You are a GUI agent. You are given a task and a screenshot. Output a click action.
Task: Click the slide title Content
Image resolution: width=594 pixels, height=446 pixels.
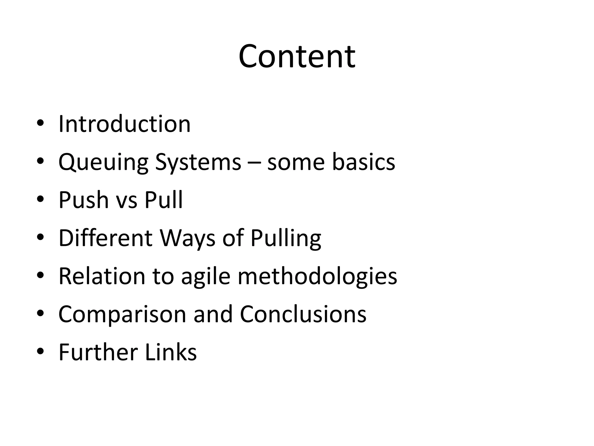pos(297,56)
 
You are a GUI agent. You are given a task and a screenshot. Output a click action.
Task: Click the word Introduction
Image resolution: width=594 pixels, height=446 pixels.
pos(124,124)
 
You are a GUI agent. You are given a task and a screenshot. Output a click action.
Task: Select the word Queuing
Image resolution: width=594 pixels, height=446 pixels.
pos(103,162)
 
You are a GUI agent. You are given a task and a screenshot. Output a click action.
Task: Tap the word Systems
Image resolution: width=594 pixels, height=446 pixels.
pos(198,162)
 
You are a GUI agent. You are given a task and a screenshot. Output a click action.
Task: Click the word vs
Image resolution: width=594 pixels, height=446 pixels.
pos(126,201)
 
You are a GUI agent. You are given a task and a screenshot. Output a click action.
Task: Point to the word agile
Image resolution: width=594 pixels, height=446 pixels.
pos(206,277)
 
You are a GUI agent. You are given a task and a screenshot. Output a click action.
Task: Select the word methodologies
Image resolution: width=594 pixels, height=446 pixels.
pos(317,277)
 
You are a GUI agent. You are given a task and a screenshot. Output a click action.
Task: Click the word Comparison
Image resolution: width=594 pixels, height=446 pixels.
pos(122,314)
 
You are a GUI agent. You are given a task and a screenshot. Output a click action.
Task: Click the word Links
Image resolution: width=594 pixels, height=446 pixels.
pos(171,352)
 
